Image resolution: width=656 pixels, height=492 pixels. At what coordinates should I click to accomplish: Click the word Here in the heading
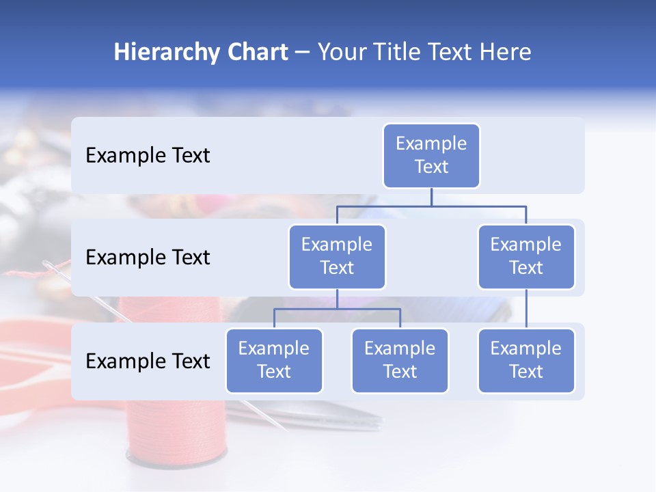[506, 52]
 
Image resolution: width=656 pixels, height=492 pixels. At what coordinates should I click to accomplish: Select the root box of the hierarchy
[431, 155]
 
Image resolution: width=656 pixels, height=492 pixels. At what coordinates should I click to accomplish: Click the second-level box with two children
[337, 256]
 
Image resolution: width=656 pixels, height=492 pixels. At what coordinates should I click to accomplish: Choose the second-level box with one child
[526, 256]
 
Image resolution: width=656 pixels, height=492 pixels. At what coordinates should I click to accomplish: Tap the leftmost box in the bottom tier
[274, 360]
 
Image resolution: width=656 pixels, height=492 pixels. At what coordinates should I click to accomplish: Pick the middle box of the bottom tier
[400, 360]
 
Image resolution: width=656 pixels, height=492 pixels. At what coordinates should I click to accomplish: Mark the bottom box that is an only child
[526, 360]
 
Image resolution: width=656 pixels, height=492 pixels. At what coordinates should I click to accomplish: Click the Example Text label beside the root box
[148, 156]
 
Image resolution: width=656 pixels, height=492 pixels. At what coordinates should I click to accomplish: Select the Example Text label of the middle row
[148, 258]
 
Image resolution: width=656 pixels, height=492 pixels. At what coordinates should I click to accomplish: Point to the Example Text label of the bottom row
[148, 361]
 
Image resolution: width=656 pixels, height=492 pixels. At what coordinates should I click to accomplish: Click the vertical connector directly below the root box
[431, 197]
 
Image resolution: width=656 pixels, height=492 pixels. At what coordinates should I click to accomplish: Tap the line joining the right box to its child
[526, 308]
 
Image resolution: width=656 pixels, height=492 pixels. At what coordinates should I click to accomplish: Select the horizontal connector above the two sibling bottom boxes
[337, 309]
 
